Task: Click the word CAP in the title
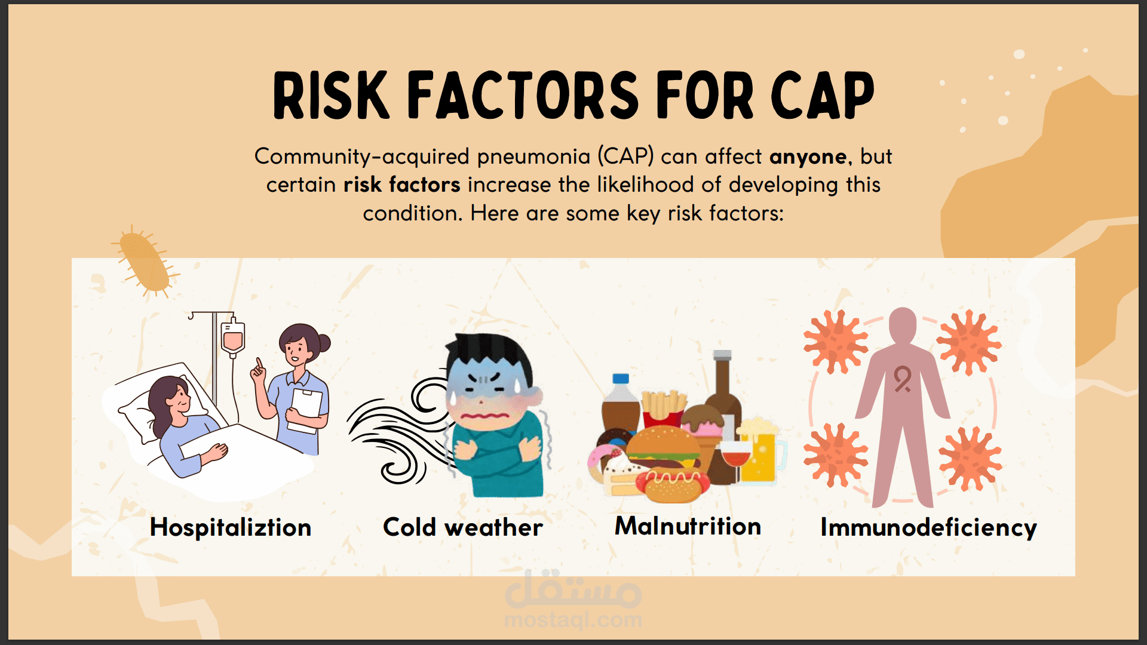click(x=823, y=96)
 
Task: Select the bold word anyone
click(x=808, y=157)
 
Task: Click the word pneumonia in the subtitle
click(x=533, y=157)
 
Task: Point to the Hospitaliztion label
click(x=231, y=527)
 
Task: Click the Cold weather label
click(x=463, y=527)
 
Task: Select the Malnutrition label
click(x=688, y=526)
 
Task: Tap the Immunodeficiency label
click(x=928, y=528)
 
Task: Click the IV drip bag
click(x=232, y=337)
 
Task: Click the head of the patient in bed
click(x=170, y=397)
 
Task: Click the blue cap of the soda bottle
click(x=621, y=379)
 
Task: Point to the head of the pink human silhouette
click(x=902, y=325)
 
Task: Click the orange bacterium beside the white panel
click(x=145, y=262)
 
